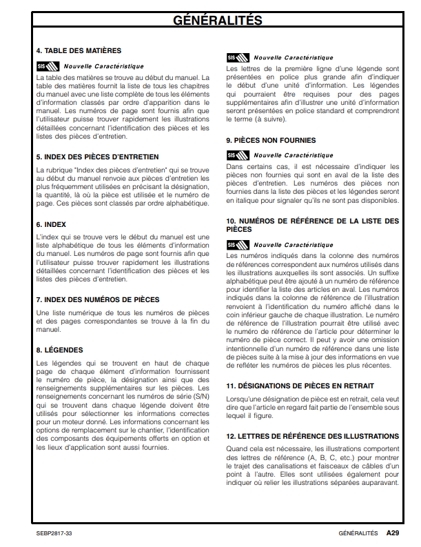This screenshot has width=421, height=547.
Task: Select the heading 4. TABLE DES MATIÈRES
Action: [79, 50]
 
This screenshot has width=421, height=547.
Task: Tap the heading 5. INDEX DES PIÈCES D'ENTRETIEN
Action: [97, 157]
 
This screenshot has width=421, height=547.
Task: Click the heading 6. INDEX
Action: [51, 224]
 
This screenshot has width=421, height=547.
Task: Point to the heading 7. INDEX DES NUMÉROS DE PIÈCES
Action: [97, 299]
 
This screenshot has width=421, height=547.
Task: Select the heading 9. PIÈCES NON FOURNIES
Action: [271, 140]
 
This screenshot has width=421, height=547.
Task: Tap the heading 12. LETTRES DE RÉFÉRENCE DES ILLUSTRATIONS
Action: [312, 436]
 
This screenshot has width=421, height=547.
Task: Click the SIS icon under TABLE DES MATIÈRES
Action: [46, 66]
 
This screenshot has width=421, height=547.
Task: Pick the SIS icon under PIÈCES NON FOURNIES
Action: [236, 155]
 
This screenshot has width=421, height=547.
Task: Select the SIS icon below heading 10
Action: [236, 245]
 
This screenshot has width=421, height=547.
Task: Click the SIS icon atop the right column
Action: [236, 57]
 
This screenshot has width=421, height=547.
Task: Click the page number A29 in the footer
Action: [392, 533]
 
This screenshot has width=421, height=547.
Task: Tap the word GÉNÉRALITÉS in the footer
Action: [358, 533]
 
